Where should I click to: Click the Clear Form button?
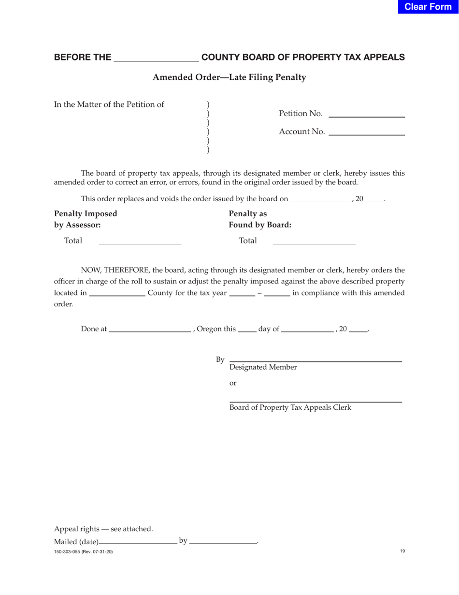click(x=428, y=7)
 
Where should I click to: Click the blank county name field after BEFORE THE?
click(x=156, y=58)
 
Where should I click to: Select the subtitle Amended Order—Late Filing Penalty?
click(x=229, y=77)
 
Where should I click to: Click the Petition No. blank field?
click(x=366, y=114)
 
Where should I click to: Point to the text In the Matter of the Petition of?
click(x=109, y=104)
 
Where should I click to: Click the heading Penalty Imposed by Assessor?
click(x=86, y=219)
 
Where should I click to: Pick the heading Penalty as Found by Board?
click(x=260, y=219)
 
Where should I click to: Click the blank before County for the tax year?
click(x=117, y=293)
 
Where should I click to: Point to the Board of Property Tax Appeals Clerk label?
click(x=290, y=407)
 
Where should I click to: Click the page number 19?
click(x=402, y=551)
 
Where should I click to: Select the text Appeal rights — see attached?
click(x=103, y=529)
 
